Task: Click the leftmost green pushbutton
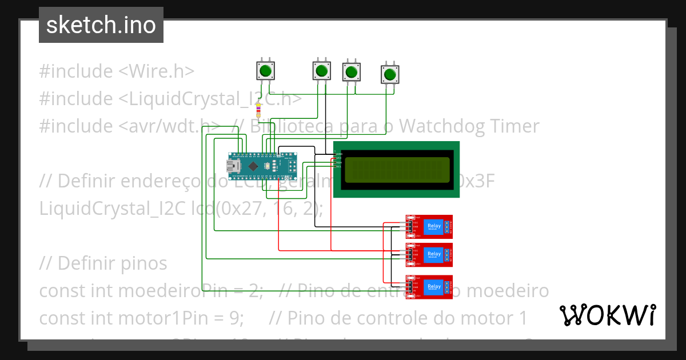pyautogui.click(x=265, y=71)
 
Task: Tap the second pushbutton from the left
pyautogui.click(x=321, y=71)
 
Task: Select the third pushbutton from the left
pyautogui.click(x=351, y=73)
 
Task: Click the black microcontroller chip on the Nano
pyautogui.click(x=253, y=166)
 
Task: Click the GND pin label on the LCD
pyautogui.click(x=338, y=154)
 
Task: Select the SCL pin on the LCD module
pyautogui.click(x=338, y=166)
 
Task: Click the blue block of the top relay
pyautogui.click(x=434, y=226)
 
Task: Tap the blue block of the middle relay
pyautogui.click(x=434, y=254)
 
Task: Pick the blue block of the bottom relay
pyautogui.click(x=434, y=287)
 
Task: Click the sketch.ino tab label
pyautogui.click(x=101, y=25)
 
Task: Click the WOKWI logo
pyautogui.click(x=607, y=315)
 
